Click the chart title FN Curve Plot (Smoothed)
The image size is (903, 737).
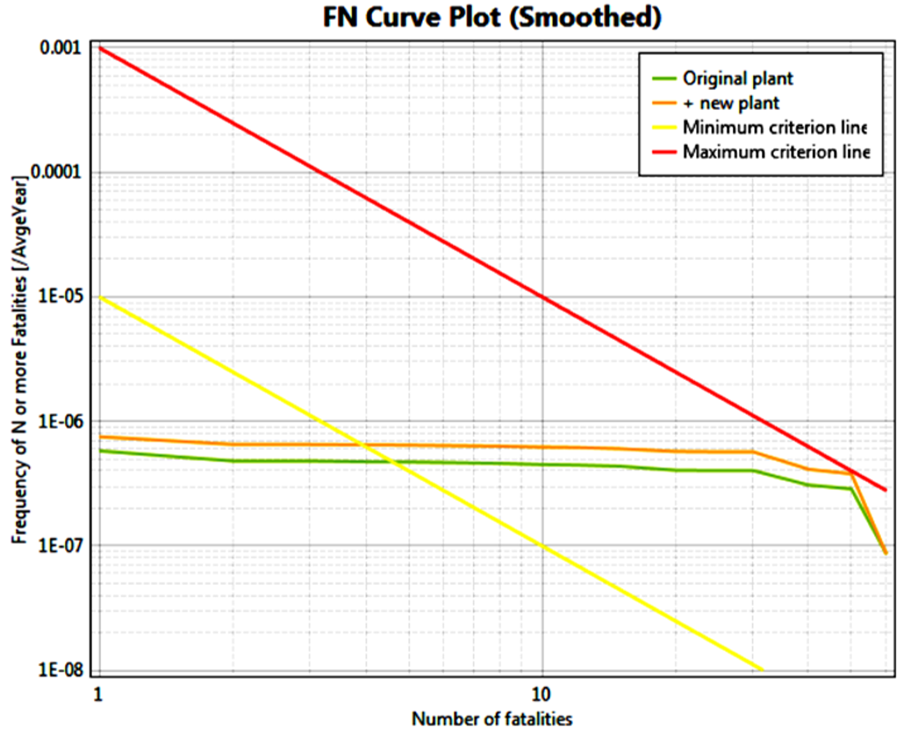pos(492,18)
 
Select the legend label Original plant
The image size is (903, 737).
pos(737,78)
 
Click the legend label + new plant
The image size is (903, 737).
pos(731,103)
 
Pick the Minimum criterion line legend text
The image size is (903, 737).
pos(774,128)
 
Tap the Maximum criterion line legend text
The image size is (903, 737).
pos(776,152)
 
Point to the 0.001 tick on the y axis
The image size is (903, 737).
pos(60,48)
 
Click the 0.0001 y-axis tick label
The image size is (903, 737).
pos(55,172)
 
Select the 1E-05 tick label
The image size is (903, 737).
pos(60,297)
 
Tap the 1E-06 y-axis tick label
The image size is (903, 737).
pos(60,421)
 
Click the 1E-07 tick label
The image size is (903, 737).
pos(60,545)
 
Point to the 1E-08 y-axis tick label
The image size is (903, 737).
pos(60,670)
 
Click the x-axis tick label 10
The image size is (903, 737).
pos(542,694)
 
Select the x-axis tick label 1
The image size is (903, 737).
pos(98,694)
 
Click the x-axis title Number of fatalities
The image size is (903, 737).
pos(492,719)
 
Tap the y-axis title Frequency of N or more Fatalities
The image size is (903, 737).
pos(19,359)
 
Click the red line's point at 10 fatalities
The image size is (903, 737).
pos(543,297)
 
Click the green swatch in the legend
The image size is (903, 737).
pos(664,78)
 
